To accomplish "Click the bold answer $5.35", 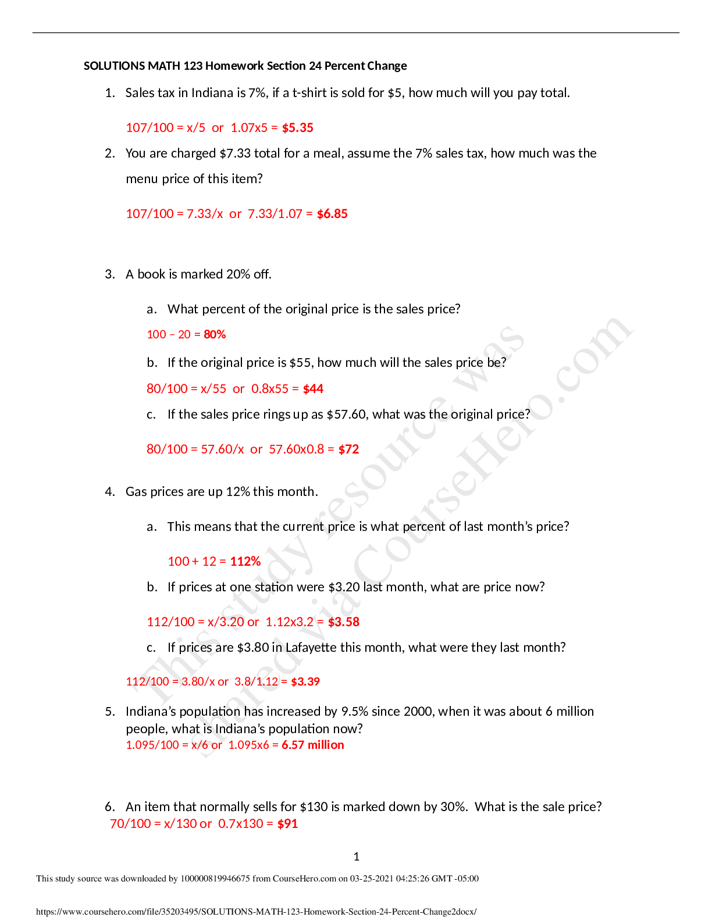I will coord(297,128).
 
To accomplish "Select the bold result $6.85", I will coord(332,214).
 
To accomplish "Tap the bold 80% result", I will coord(215,334).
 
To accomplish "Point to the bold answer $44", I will coord(313,389).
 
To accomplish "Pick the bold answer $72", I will coord(348,449).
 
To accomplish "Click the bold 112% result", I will coord(245,562).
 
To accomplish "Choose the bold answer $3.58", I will coord(343,622).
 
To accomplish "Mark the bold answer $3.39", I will coord(305,681).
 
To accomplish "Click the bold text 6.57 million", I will coord(313,745).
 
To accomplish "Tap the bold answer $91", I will coord(287,824).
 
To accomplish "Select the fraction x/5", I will coord(196,128).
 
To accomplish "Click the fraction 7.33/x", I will coord(205,214).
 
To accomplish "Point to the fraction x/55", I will coord(213,389).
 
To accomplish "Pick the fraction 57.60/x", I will coord(222,449).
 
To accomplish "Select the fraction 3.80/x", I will coord(198,681).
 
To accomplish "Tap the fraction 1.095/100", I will coord(152,745).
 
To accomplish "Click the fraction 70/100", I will coord(130,824).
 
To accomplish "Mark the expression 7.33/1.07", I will coord(275,214).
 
